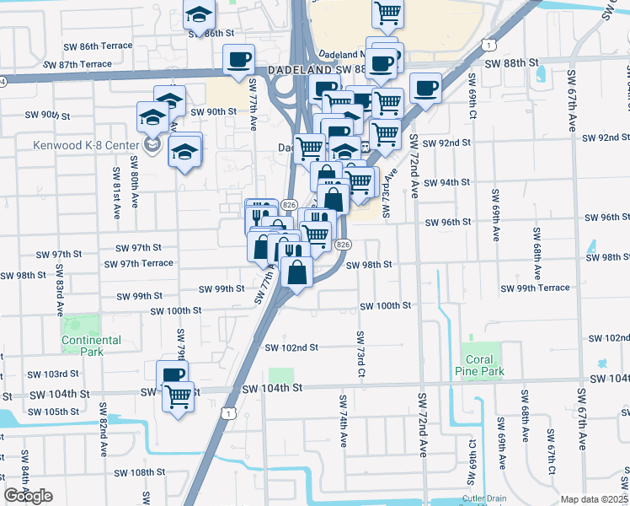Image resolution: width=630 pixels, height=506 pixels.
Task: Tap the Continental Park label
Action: (x=91, y=345)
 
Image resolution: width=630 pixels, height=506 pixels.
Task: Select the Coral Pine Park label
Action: (x=479, y=365)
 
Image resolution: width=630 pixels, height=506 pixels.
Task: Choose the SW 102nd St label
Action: (x=291, y=347)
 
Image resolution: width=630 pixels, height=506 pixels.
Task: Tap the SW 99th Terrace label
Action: (x=535, y=288)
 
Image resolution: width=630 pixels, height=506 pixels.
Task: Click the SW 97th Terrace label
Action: (x=139, y=263)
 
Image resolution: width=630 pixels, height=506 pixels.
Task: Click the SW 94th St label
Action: (x=446, y=183)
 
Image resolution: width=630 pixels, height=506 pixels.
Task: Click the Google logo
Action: (x=28, y=496)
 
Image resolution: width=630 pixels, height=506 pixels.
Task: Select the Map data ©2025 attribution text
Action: (x=595, y=499)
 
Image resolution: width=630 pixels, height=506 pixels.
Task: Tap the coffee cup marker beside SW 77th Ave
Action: (x=238, y=60)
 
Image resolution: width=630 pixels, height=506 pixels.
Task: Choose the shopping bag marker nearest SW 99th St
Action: (x=297, y=272)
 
